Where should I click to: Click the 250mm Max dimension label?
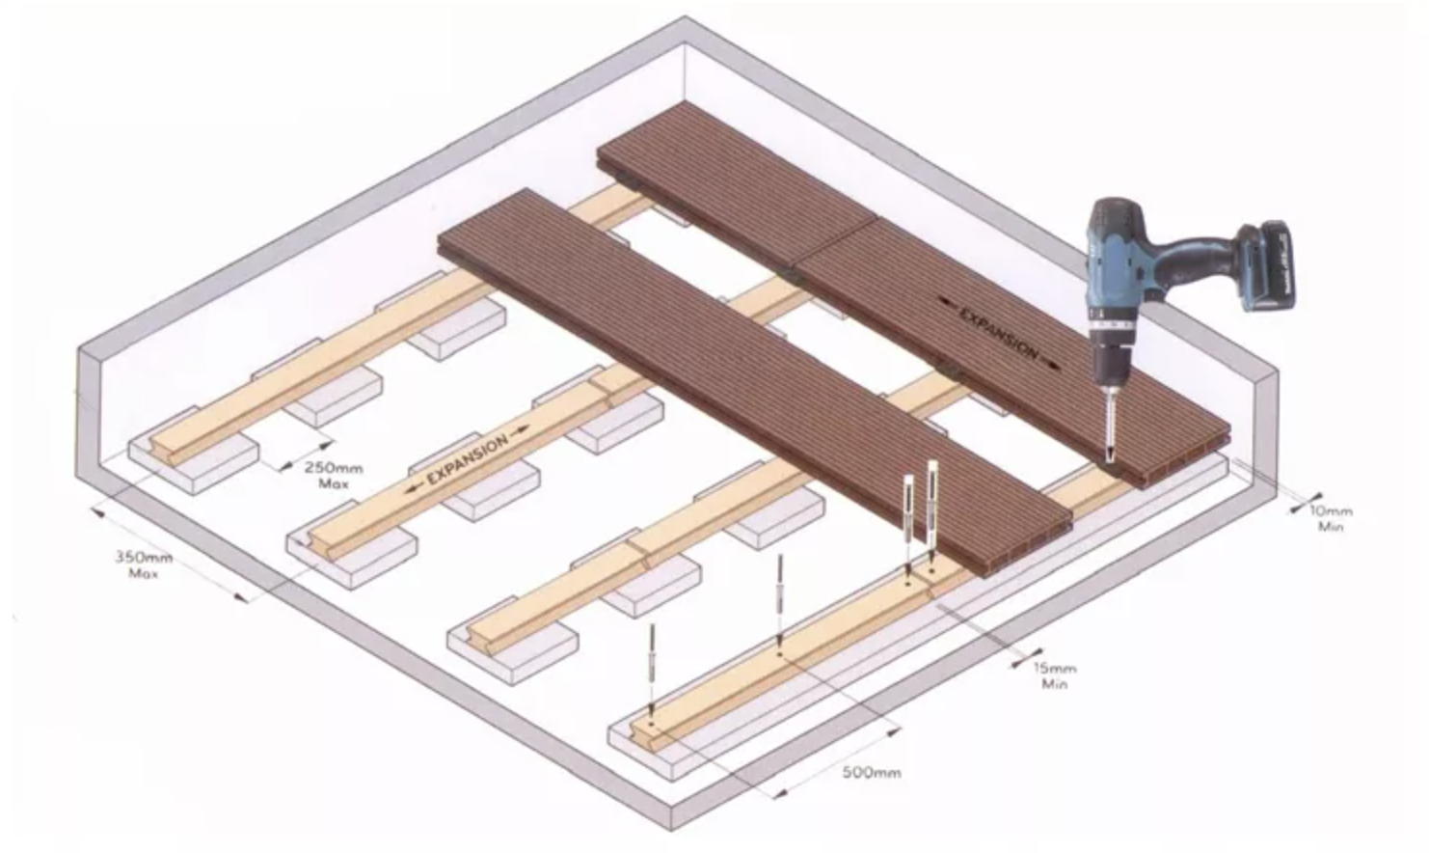click(334, 476)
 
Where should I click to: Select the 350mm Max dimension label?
click(144, 565)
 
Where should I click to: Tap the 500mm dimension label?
click(872, 773)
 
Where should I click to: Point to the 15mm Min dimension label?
click(1055, 676)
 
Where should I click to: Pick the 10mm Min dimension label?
click(1330, 518)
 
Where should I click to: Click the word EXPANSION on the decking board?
click(999, 333)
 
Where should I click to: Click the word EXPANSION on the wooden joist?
click(469, 459)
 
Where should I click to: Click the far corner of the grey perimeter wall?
click(686, 18)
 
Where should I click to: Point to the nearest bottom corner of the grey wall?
click(671, 830)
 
